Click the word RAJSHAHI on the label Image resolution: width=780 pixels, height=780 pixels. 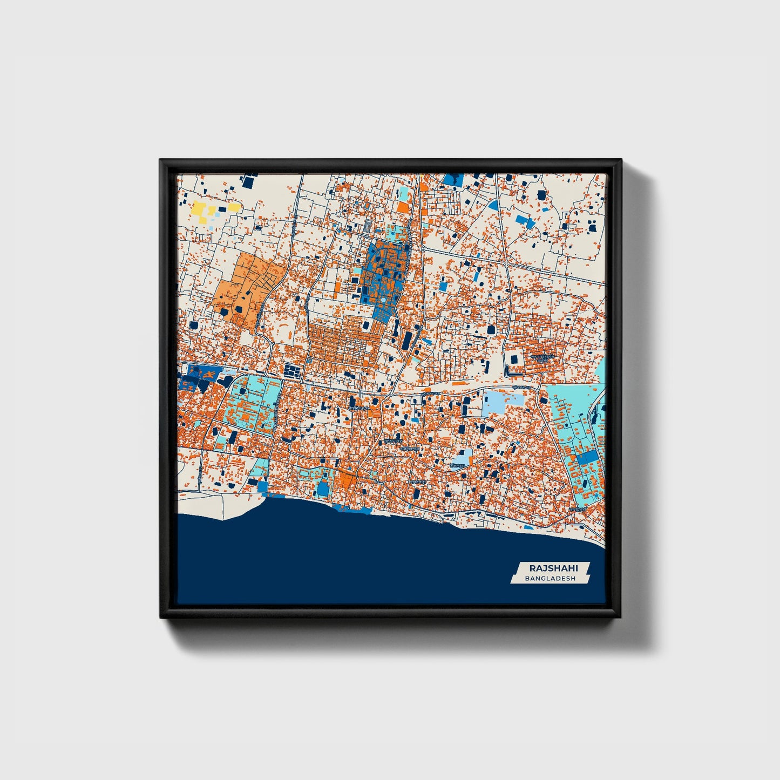pos(553,568)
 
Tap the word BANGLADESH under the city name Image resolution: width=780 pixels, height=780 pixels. pos(550,578)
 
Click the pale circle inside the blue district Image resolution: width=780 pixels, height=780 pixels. pos(382,298)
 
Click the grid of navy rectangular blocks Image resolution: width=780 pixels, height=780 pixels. pos(291,370)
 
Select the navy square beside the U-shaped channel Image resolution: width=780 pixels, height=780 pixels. pos(514,359)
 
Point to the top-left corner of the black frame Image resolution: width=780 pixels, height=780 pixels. pos(160,160)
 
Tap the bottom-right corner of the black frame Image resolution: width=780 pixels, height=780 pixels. pos(621,617)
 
